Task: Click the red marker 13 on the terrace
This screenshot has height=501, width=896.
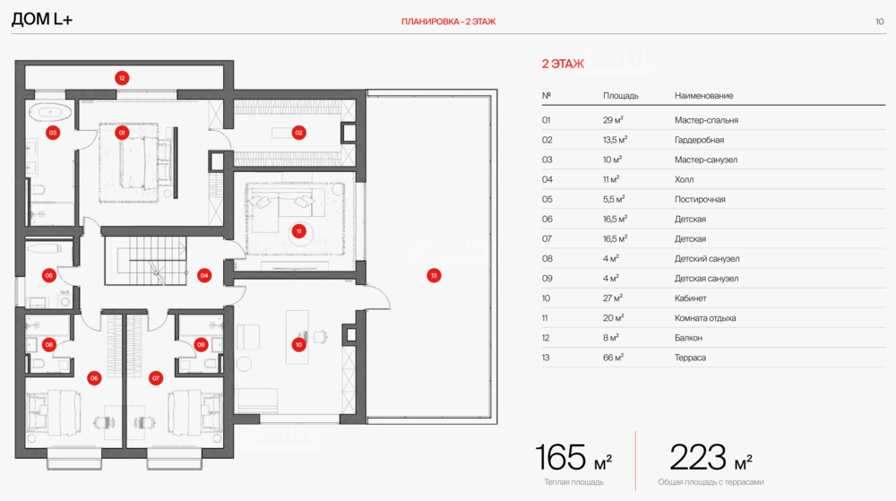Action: [434, 275]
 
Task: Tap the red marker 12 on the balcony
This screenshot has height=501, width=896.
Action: [122, 78]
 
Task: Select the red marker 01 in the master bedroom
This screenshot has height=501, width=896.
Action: [123, 133]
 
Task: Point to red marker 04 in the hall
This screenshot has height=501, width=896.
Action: [204, 276]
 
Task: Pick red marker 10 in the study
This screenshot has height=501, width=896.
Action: [298, 344]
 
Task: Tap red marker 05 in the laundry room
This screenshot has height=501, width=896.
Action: [49, 275]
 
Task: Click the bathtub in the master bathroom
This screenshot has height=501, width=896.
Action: [50, 114]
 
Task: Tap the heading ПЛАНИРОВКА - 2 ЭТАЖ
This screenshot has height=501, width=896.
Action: [448, 21]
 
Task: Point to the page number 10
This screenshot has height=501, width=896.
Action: [879, 21]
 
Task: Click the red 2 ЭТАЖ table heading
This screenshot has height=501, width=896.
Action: [563, 64]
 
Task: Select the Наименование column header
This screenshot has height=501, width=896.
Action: [703, 95]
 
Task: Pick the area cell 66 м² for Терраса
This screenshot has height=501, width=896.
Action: [613, 358]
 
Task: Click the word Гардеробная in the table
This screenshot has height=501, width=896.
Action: [699, 140]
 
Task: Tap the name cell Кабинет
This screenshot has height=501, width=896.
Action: [690, 298]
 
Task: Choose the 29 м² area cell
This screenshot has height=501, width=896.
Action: [613, 120]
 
